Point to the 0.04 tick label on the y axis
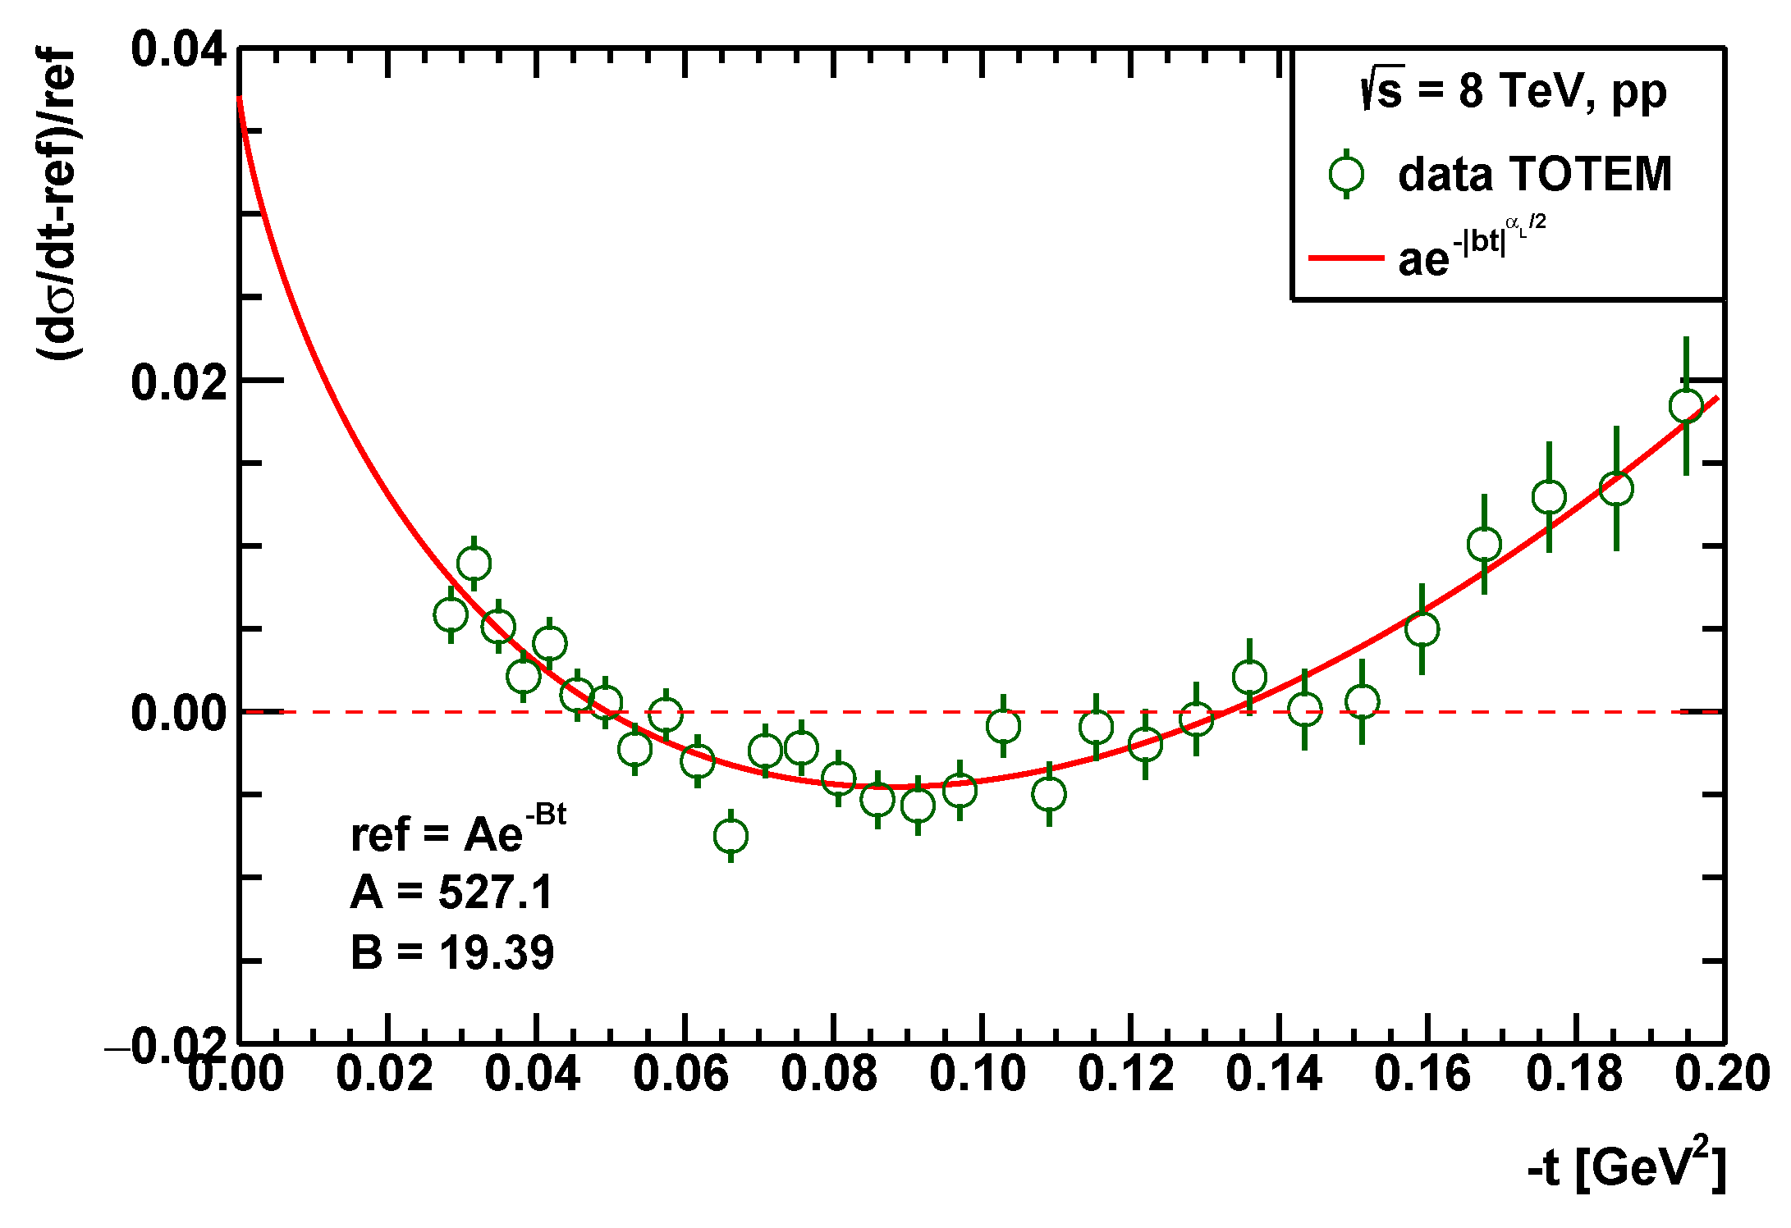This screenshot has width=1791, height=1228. tap(179, 49)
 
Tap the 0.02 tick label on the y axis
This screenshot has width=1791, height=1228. tap(179, 382)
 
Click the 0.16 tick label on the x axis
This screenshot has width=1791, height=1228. tap(1422, 1074)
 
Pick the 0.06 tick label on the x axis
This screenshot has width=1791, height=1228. tap(680, 1074)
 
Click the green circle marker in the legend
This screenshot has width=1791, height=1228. tap(1346, 174)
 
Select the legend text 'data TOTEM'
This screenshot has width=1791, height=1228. tap(1534, 174)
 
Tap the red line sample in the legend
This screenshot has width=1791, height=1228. tap(1346, 258)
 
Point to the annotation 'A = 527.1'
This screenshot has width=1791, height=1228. tap(452, 892)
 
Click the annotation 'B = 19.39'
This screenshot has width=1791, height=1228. tap(452, 953)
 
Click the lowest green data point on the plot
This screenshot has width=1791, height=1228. tap(731, 836)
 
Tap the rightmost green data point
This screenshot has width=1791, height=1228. tap(1686, 405)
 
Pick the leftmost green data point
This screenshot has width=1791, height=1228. tap(451, 614)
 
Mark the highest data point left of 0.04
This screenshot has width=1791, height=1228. tap(474, 564)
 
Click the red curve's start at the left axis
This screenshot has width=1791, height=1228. tap(240, 98)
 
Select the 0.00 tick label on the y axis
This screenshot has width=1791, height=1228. tap(179, 714)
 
